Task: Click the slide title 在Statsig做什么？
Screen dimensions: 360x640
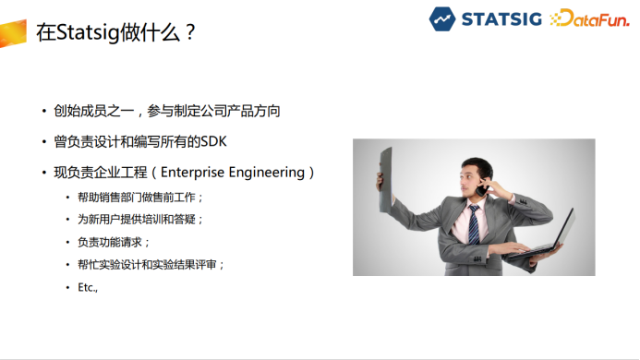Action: click(115, 32)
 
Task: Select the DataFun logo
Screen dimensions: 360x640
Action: click(590, 18)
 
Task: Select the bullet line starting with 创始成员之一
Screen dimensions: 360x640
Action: click(166, 111)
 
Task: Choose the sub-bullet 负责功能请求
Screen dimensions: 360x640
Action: click(114, 242)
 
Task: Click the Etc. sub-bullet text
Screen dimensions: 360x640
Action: click(88, 287)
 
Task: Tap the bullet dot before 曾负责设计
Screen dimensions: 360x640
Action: click(43, 142)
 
